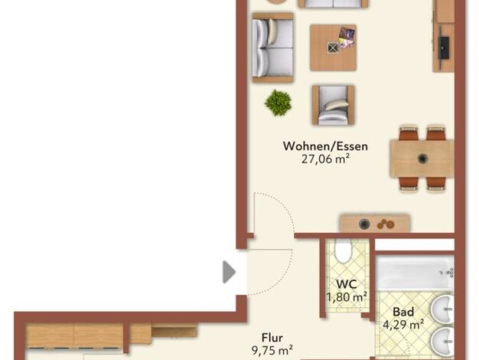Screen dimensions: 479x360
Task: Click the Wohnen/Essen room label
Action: pyautogui.click(x=325, y=146)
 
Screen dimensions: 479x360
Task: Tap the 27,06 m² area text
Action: pyautogui.click(x=325, y=159)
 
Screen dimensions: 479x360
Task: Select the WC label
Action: pyautogui.click(x=346, y=284)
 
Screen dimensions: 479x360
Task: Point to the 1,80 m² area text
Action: pyautogui.click(x=347, y=297)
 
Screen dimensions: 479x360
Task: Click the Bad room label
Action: pyautogui.click(x=403, y=312)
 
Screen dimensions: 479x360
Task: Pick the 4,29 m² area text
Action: pyautogui.click(x=403, y=325)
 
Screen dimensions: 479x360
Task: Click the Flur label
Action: pyautogui.click(x=272, y=338)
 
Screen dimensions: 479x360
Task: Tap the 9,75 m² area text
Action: pyautogui.click(x=272, y=351)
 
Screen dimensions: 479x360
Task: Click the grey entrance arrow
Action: pyautogui.click(x=229, y=272)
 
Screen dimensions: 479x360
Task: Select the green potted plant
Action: pyautogui.click(x=278, y=103)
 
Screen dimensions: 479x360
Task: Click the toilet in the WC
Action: pyautogui.click(x=343, y=250)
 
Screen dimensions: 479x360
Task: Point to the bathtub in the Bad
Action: pyautogui.click(x=415, y=273)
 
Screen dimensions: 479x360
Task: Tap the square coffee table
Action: pyautogui.click(x=333, y=47)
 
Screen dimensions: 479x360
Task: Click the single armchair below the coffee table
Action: pyautogui.click(x=333, y=105)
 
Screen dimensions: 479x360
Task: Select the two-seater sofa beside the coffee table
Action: pyautogui.click(x=273, y=47)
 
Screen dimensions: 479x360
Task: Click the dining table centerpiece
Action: pyautogui.click(x=422, y=159)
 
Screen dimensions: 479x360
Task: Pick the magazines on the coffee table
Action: pyautogui.click(x=347, y=38)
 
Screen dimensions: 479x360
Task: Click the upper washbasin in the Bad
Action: pyautogui.click(x=442, y=309)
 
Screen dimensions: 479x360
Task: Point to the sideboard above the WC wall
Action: pyautogui.click(x=374, y=224)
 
